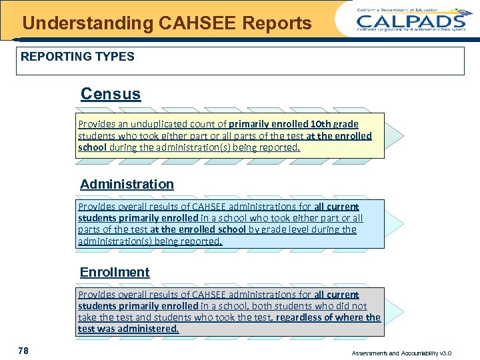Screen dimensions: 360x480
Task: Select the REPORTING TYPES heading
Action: tap(77, 57)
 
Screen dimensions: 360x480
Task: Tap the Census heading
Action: tap(111, 94)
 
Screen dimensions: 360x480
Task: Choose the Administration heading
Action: tap(127, 184)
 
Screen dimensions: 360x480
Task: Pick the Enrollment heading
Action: tap(115, 272)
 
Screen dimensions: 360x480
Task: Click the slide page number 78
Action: tap(23, 351)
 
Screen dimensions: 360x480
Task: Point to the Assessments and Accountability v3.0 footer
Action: tap(411, 353)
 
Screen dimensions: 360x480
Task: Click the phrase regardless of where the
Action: tap(328, 317)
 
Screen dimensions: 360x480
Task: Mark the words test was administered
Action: tap(128, 329)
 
